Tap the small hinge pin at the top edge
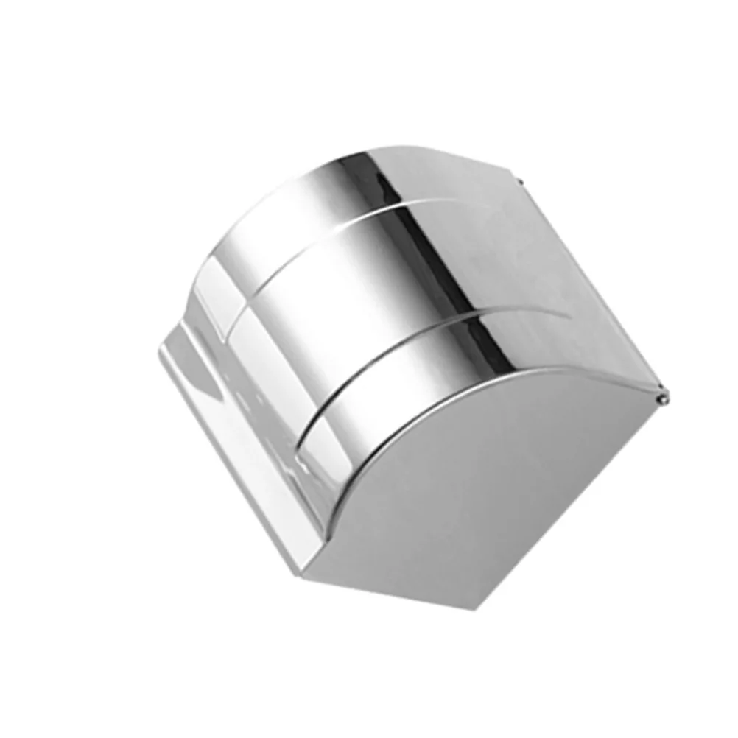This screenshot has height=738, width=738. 520,180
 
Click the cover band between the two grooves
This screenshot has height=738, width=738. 354,295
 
